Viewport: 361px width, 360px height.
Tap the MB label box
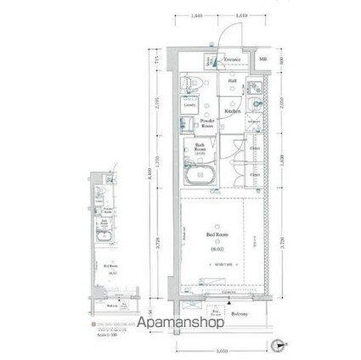pyautogui.click(x=262, y=59)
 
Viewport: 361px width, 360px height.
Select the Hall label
pyautogui.click(x=232, y=82)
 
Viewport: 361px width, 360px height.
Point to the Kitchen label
pyautogui.click(x=232, y=111)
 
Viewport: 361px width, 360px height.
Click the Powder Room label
pyautogui.click(x=206, y=124)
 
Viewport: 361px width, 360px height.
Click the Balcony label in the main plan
pyautogui.click(x=238, y=314)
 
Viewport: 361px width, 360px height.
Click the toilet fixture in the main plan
pyautogui.click(x=190, y=82)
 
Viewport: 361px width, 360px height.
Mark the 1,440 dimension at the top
pyautogui.click(x=196, y=14)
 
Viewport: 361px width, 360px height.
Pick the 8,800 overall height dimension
pyautogui.click(x=149, y=175)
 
